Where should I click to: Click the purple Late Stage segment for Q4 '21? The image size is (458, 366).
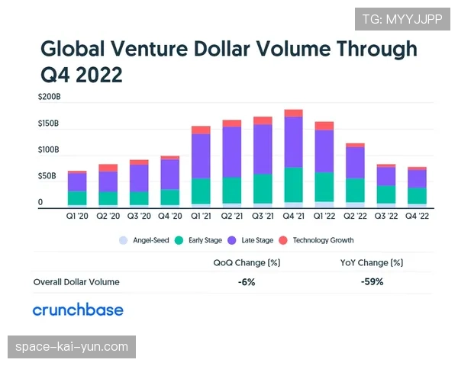point(293,142)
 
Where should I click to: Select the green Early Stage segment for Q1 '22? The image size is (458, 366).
point(324,187)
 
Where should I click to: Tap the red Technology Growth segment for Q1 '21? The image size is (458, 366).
point(201,130)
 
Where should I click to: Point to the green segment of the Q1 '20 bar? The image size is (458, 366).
point(77,197)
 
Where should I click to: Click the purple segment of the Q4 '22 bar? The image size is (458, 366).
point(417,178)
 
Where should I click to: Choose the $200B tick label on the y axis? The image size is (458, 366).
point(49,98)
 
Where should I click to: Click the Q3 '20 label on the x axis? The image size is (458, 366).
point(139,215)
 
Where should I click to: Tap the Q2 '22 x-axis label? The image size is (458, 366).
point(355,215)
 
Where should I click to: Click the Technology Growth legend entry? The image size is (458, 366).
point(317,240)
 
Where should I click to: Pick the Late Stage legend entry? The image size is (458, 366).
point(250,240)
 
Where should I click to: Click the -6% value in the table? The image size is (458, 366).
point(245,281)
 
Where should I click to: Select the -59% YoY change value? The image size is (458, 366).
point(372,281)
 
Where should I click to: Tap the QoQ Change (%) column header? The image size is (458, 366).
point(245,262)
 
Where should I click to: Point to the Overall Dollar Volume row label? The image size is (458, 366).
point(76,282)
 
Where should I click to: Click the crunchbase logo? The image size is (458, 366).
point(78,310)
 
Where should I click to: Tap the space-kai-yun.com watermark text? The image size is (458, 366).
point(73,347)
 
